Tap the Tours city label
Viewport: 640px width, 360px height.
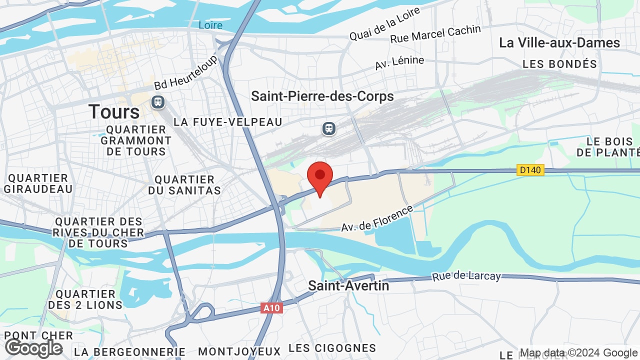point(114,111)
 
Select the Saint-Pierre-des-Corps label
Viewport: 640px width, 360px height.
point(322,96)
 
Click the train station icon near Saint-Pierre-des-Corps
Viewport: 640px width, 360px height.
point(328,128)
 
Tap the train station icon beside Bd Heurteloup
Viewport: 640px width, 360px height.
point(158,102)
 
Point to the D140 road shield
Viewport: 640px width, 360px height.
point(530,170)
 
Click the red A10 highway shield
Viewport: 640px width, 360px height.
point(271,308)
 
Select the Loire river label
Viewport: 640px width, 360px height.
point(210,25)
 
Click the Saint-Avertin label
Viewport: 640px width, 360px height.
point(348,285)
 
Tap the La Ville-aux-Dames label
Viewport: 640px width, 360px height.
point(559,42)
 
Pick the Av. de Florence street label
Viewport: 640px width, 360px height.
point(377,218)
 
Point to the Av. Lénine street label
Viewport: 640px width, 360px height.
point(399,62)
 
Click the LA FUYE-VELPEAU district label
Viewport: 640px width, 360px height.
point(228,122)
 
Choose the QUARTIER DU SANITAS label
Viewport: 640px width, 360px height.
point(184,185)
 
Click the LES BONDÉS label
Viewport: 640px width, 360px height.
point(559,64)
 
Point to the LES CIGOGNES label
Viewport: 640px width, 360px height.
point(332,348)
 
